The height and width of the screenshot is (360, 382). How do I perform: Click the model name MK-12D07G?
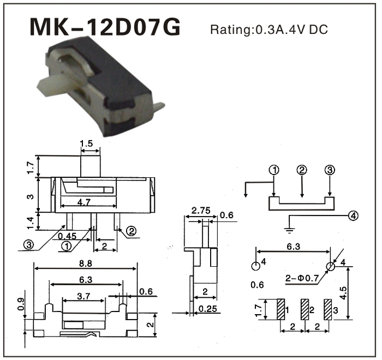click(104, 28)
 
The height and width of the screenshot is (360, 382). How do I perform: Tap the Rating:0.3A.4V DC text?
click(268, 29)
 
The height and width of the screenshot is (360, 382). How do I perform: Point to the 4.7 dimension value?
click(83, 202)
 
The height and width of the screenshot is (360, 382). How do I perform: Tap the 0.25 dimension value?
click(207, 309)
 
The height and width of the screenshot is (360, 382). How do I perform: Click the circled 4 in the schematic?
click(354, 215)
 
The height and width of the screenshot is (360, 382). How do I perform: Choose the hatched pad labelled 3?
click(328, 310)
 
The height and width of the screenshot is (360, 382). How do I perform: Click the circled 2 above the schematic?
click(302, 170)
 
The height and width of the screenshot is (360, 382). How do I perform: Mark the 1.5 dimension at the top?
click(86, 145)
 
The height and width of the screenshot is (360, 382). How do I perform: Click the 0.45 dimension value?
click(67, 236)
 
